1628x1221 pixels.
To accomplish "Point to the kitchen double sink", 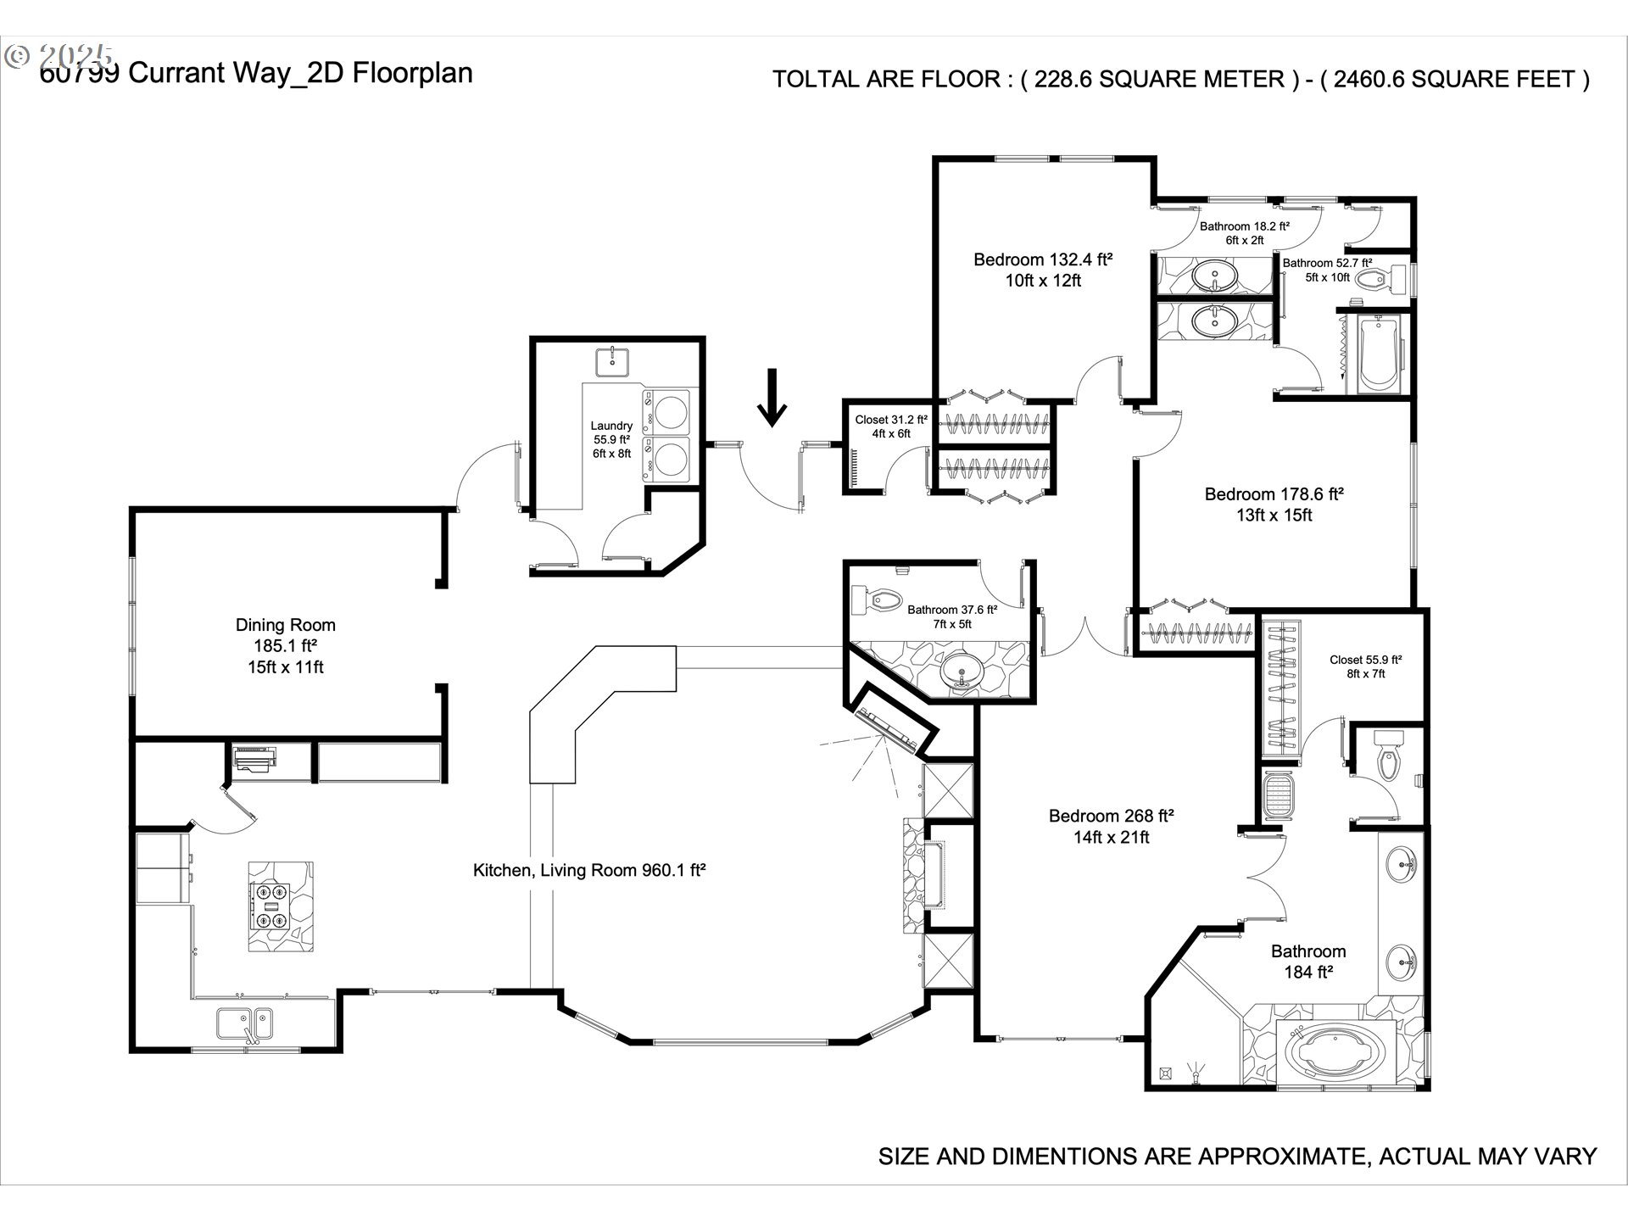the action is (x=244, y=1023).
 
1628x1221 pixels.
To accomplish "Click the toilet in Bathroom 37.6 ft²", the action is (x=878, y=600).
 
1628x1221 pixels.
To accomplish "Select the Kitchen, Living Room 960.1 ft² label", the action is (x=589, y=870).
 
